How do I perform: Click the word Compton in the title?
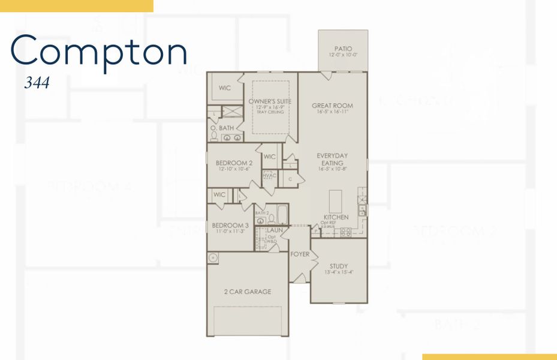[x=99, y=53]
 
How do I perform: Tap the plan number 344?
[x=37, y=82]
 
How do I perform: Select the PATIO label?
[x=344, y=49]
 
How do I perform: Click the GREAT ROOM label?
[x=332, y=106]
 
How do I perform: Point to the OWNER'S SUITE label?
[x=270, y=101]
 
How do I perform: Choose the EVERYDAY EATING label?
[x=332, y=159]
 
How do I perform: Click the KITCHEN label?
[x=336, y=217]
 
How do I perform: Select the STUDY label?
[x=338, y=266]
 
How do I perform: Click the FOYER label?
[x=300, y=254]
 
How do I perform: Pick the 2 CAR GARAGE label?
[x=248, y=292]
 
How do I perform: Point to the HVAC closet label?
[x=269, y=175]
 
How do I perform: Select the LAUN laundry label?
[x=274, y=230]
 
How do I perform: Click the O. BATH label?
[x=222, y=128]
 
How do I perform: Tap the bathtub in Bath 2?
[x=283, y=216]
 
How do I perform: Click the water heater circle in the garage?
[x=213, y=258]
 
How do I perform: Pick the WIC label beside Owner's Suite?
[x=224, y=88]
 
